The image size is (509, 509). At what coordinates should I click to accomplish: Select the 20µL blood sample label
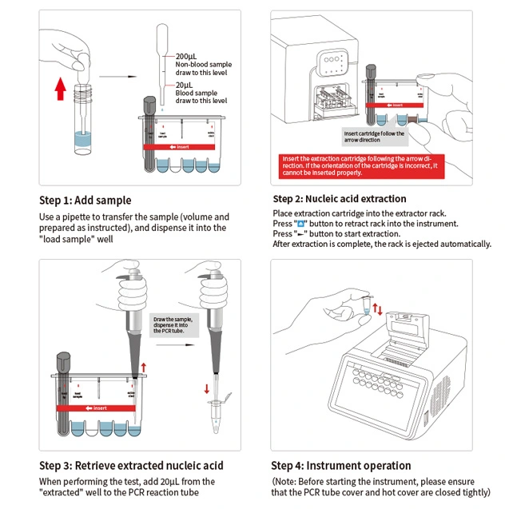[184, 85]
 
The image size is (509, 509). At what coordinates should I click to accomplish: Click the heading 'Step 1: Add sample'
[85, 200]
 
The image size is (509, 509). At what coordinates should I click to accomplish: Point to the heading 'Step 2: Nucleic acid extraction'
[340, 199]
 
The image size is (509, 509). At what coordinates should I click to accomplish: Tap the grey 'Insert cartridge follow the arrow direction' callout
[374, 137]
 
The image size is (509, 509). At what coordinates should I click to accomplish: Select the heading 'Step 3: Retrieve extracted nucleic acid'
[131, 465]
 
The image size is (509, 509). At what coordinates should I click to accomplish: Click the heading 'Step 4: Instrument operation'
[341, 465]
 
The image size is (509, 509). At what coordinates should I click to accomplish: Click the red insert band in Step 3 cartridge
[95, 408]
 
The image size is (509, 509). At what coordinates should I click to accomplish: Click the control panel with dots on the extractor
[333, 63]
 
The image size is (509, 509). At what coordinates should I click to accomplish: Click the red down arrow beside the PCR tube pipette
[206, 390]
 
